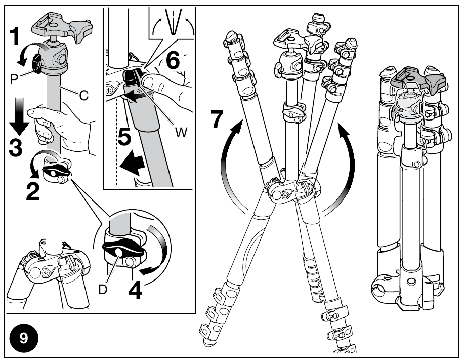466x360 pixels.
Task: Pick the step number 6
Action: [x=173, y=61]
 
